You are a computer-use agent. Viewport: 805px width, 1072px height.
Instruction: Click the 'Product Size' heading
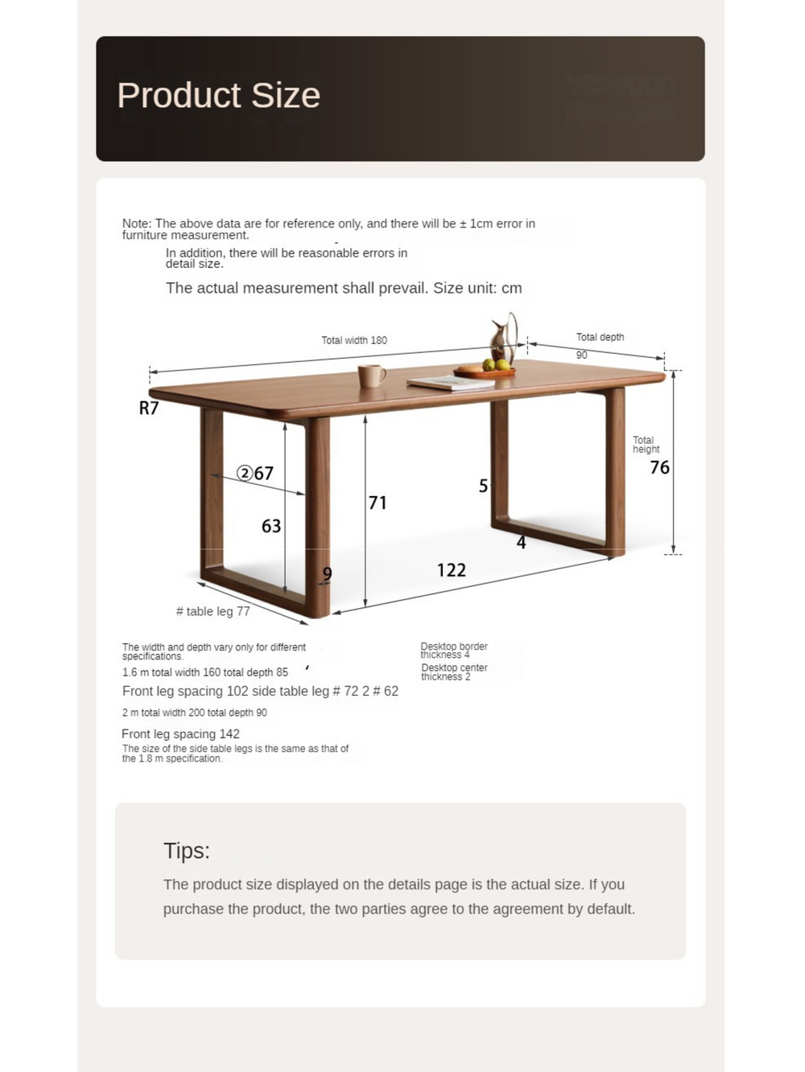(218, 96)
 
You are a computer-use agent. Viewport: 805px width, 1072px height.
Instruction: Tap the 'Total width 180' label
(354, 340)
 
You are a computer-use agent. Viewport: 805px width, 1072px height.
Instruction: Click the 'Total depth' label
(600, 337)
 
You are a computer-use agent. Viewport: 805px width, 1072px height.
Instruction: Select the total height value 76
(659, 468)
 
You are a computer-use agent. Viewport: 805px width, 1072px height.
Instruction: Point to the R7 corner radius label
(149, 409)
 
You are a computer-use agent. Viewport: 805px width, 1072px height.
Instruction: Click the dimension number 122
(451, 570)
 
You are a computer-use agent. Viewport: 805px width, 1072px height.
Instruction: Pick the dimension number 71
(378, 503)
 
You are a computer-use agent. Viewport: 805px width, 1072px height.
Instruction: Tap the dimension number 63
(271, 527)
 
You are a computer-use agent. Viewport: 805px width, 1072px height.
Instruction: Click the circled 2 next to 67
(245, 473)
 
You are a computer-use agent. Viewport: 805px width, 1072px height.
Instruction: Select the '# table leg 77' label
(213, 611)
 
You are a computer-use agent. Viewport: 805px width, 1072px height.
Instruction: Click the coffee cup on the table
(371, 376)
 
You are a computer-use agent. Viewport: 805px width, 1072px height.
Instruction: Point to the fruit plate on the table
(485, 371)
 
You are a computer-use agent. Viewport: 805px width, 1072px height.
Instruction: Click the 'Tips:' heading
(186, 851)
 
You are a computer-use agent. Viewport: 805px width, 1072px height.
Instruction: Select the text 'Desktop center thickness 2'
(454, 672)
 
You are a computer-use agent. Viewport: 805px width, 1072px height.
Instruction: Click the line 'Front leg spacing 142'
(180, 733)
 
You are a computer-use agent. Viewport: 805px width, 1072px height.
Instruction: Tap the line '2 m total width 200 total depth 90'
(195, 713)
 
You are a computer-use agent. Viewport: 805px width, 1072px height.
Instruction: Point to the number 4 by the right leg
(521, 543)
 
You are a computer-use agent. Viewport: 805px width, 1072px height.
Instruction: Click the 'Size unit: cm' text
(477, 288)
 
